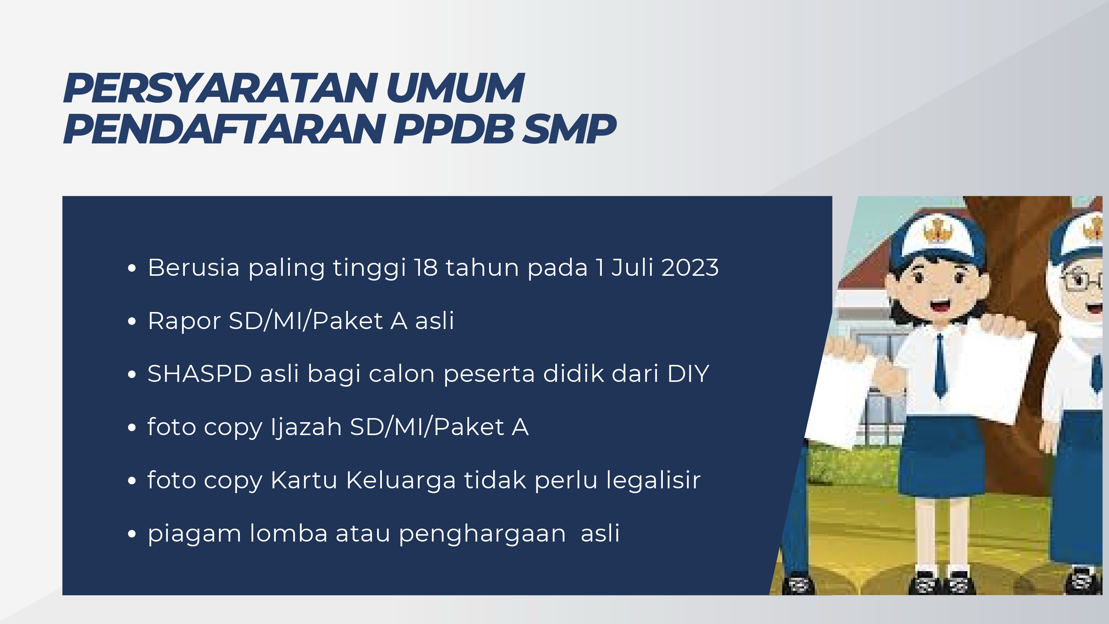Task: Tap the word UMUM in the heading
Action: click(x=455, y=88)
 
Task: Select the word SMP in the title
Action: click(x=569, y=129)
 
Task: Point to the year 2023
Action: click(x=690, y=267)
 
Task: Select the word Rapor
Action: click(x=184, y=321)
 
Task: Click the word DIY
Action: click(x=688, y=373)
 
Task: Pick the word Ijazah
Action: click(x=306, y=427)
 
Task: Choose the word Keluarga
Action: click(x=401, y=480)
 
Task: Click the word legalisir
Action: click(x=653, y=480)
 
